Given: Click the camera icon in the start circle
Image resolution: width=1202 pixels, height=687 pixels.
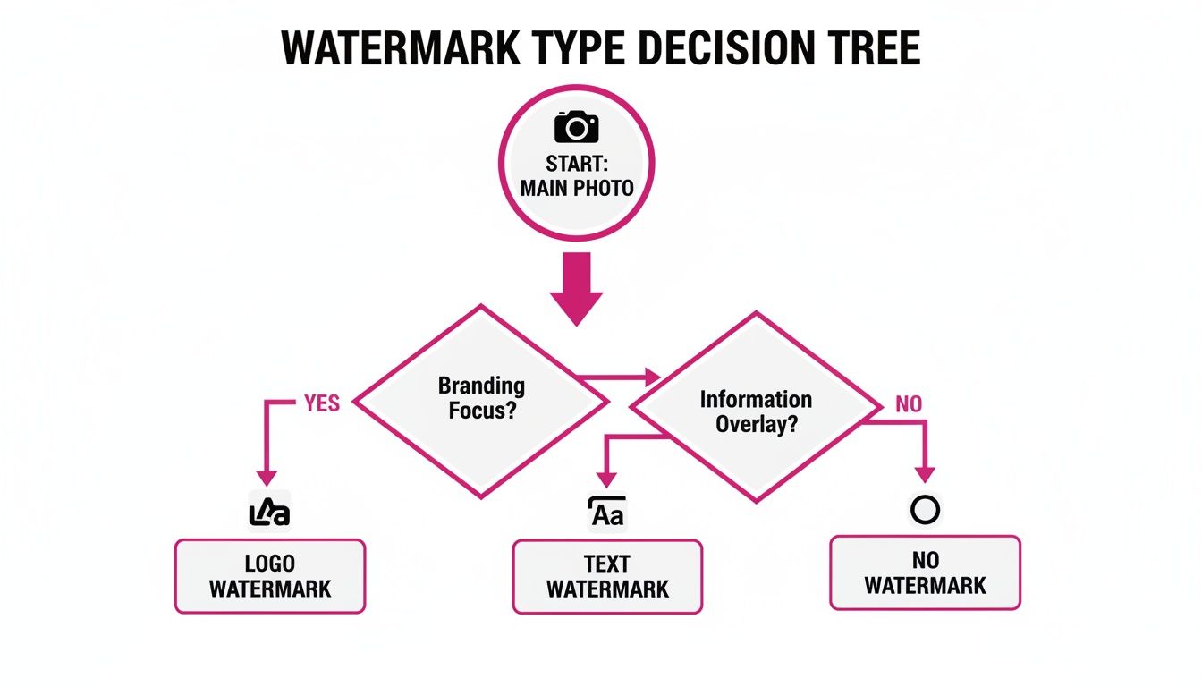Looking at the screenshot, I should [x=577, y=127].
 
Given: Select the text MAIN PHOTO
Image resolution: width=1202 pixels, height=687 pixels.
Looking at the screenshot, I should [x=577, y=189].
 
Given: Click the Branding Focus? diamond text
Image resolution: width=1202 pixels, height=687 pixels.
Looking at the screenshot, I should [x=481, y=399].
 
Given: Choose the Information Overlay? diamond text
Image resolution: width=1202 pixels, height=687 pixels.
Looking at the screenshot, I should [x=756, y=411].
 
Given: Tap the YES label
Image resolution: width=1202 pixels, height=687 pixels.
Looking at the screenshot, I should [x=322, y=403].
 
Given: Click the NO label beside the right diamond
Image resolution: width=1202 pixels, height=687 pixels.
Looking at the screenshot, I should [x=908, y=404].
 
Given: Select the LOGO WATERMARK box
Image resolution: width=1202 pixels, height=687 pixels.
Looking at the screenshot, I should [x=269, y=576].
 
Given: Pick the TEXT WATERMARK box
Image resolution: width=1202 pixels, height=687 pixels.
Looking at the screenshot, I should [x=607, y=576].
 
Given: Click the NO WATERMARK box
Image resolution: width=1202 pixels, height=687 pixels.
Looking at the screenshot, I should [x=925, y=572].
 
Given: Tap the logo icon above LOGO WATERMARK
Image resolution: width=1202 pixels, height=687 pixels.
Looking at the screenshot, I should [x=268, y=513].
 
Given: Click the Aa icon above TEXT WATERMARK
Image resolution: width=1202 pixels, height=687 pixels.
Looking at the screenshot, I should [x=607, y=513].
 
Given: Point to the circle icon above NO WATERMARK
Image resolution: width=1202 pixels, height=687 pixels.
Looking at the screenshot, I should [x=925, y=510].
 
